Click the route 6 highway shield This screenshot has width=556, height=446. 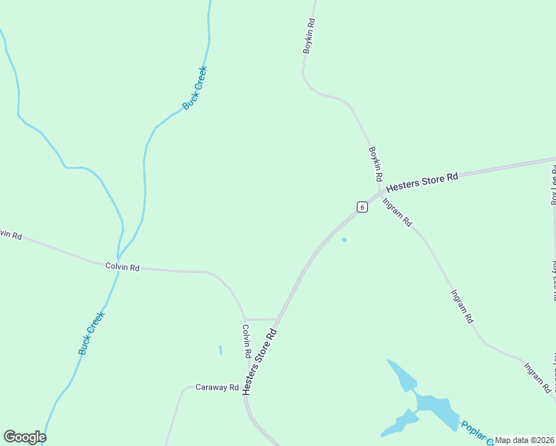click(362, 207)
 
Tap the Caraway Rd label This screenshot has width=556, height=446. click(216, 387)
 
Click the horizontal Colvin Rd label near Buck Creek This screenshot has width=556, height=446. click(123, 267)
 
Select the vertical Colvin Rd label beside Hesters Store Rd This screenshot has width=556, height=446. click(246, 341)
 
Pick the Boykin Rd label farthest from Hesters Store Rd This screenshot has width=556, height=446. click(310, 36)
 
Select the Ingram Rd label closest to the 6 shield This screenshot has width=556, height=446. click(397, 211)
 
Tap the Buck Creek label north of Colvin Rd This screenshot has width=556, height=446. click(195, 88)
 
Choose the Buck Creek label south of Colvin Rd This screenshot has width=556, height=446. click(91, 332)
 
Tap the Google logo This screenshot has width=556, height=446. click(25, 437)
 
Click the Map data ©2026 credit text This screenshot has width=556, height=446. click(525, 440)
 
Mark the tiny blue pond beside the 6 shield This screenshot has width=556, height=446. click(343, 239)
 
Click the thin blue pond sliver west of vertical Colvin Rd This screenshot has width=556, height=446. click(221, 350)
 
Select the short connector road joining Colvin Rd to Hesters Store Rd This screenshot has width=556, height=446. click(260, 319)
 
